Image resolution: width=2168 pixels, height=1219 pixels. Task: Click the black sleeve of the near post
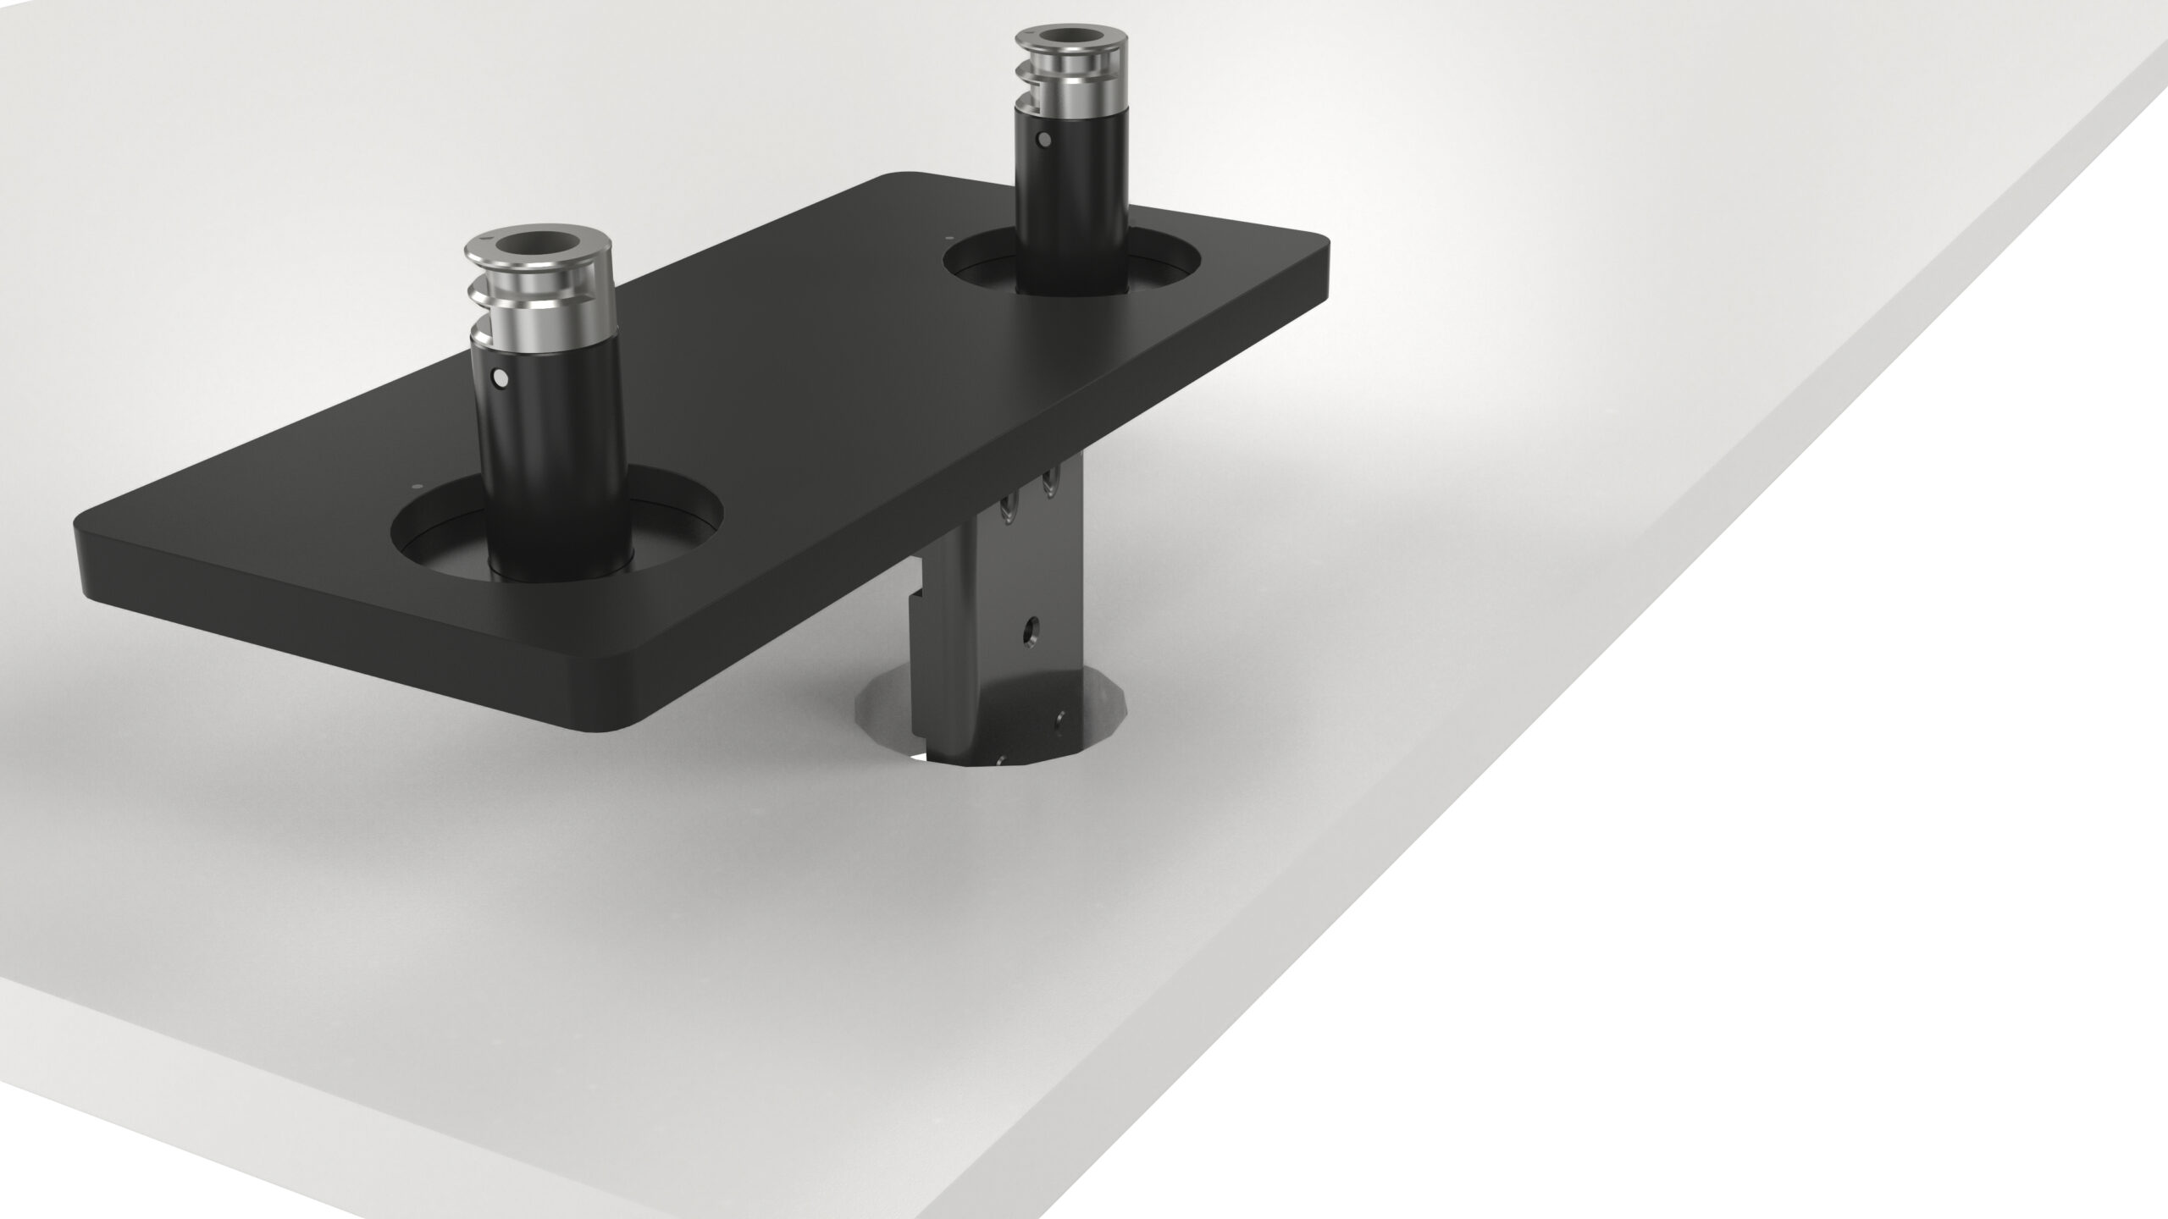point(550,457)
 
